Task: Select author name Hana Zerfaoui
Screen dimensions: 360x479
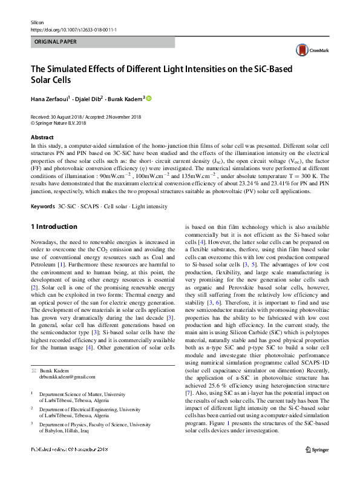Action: pyautogui.click(x=50, y=99)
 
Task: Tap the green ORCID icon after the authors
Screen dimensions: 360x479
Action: pyautogui.click(x=149, y=99)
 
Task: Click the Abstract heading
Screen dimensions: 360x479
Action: pyautogui.click(x=42, y=137)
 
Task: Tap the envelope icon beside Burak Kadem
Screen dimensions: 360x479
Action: pyautogui.click(x=33, y=370)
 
